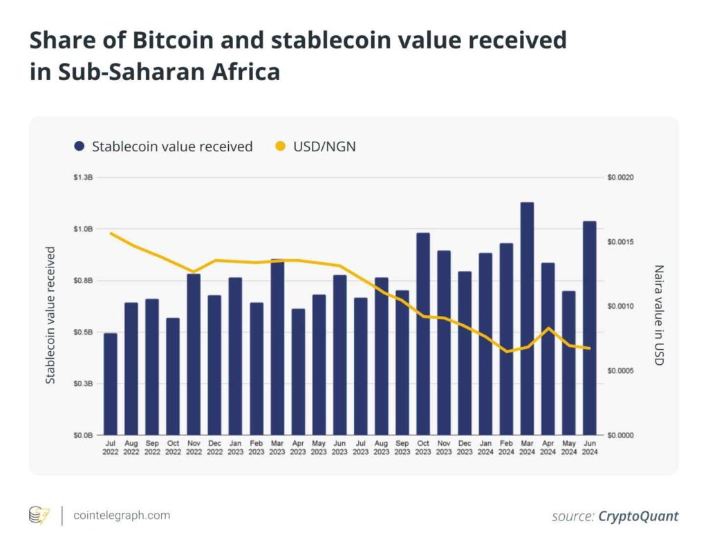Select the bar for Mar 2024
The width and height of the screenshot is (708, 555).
click(527, 318)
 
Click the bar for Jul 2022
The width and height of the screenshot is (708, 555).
click(111, 384)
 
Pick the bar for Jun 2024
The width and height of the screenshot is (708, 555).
click(589, 328)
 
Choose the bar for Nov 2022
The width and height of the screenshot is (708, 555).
click(194, 354)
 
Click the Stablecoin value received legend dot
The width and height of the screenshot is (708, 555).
click(80, 147)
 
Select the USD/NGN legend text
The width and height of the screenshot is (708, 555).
click(324, 147)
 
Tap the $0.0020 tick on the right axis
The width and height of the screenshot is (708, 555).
click(620, 178)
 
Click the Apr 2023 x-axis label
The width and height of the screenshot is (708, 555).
click(297, 447)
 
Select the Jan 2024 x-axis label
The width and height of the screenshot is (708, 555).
click(485, 447)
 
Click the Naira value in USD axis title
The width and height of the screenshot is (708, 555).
click(658, 315)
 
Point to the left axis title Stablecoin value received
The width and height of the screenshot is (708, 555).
click(50, 315)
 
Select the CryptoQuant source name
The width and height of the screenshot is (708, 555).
click(638, 516)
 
